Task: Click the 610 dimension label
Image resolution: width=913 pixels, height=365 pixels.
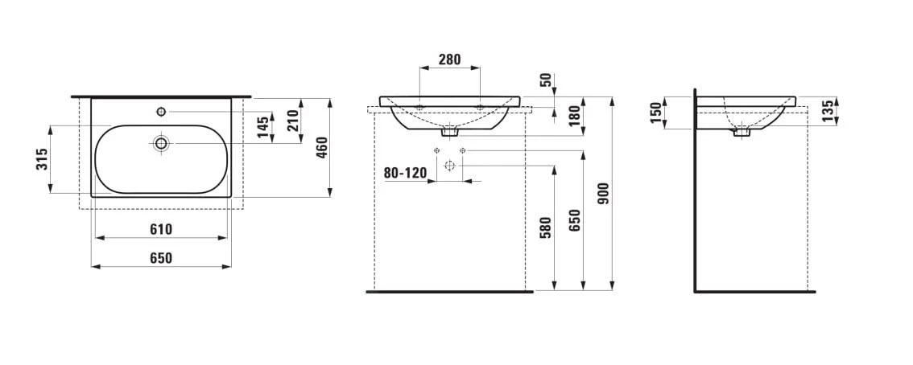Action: coord(161,230)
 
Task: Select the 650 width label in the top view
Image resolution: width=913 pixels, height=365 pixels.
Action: coord(161,258)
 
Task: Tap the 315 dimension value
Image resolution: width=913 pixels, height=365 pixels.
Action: coord(42,159)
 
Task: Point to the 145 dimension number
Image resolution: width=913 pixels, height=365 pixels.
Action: coord(264,127)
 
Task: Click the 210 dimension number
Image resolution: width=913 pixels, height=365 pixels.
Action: coord(293,121)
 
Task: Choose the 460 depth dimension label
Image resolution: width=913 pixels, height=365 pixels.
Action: coord(322,148)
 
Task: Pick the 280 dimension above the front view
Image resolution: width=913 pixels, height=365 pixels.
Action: coord(449,59)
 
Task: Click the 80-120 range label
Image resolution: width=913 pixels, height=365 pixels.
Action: coord(405,173)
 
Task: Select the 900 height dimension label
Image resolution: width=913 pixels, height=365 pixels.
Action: coord(604,193)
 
